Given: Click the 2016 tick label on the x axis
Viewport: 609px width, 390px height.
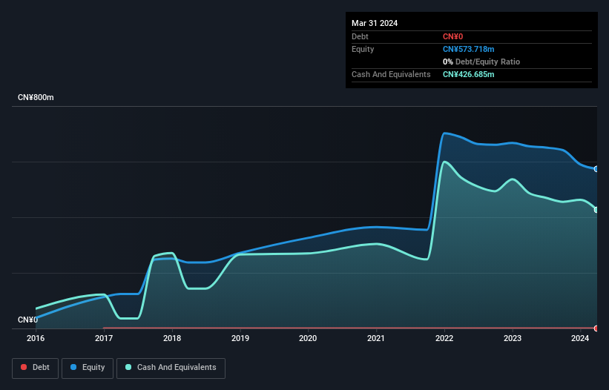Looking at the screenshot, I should click(36, 338).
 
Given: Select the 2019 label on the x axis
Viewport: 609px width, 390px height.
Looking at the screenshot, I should click(240, 338).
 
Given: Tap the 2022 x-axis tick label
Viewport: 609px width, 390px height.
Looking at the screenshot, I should click(444, 338).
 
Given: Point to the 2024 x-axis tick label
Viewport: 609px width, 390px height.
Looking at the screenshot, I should click(580, 338).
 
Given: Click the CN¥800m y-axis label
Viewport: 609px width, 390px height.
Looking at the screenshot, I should click(36, 98).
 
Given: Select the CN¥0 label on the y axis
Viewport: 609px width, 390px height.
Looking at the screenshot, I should click(27, 320).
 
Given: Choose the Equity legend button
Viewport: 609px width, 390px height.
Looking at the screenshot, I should click(88, 368).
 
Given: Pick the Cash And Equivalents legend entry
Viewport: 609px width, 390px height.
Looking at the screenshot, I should click(171, 368).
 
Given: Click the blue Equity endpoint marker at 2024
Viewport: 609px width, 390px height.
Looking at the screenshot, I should click(596, 169).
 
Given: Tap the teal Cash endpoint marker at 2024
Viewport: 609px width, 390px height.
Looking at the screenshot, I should click(596, 210).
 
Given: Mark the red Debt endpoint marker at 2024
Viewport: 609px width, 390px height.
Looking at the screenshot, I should click(596, 328).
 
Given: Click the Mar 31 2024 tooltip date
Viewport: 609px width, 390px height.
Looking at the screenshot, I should click(375, 23).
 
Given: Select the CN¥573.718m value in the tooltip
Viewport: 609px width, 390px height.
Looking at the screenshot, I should click(468, 49).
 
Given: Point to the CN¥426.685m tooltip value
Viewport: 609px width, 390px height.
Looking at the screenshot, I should click(468, 75).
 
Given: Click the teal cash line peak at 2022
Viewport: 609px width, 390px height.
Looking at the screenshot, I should click(444, 162).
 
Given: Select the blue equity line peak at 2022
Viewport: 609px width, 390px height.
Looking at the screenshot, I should click(444, 133).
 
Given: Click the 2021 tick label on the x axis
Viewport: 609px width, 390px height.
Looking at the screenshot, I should click(376, 338).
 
